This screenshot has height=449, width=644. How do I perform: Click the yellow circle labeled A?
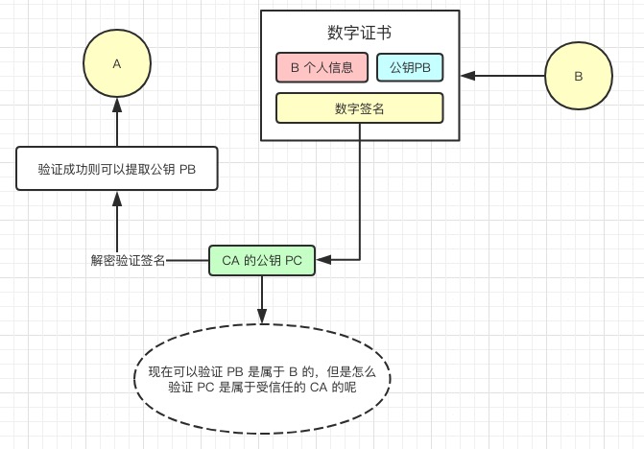117,63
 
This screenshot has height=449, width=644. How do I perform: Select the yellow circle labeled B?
579,76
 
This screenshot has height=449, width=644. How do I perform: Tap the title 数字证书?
359,34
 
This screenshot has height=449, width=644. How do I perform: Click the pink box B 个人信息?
322,68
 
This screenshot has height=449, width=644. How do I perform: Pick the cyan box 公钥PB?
410,68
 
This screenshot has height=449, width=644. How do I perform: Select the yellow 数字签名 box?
359,108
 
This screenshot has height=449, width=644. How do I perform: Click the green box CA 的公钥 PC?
262,260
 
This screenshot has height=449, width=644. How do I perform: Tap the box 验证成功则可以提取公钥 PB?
117,169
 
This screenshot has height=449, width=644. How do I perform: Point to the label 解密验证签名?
128,260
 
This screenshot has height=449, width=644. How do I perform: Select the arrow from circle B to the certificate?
509,76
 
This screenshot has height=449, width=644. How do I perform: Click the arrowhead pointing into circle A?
117,109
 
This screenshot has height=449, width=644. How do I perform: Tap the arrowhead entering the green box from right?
322,260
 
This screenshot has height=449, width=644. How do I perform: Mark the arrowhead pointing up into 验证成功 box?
117,198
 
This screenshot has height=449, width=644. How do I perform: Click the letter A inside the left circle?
117,63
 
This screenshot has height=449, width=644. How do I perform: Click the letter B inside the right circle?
579,76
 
